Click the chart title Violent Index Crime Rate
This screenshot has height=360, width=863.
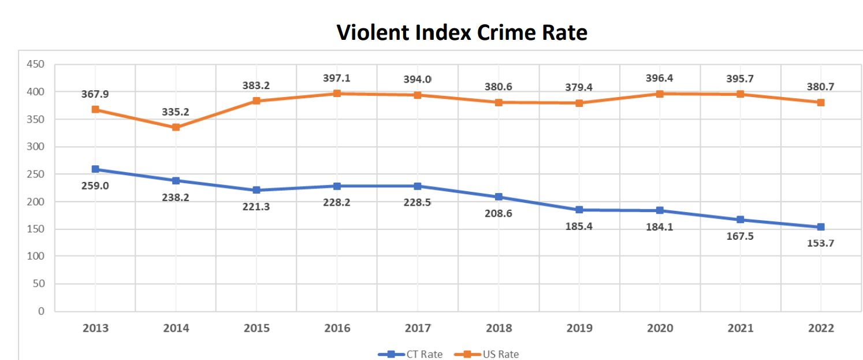462,32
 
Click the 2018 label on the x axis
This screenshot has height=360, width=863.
499,328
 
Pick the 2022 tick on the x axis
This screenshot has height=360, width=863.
821,328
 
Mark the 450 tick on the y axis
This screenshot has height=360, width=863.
35,64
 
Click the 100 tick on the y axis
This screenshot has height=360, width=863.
35,256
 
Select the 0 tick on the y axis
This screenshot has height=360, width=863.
41,311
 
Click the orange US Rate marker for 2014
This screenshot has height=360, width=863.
176,127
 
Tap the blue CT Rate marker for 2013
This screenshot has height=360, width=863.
95,169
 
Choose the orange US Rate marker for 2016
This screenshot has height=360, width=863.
337,93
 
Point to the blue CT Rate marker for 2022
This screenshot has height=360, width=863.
821,227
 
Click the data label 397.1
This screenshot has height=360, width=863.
337,77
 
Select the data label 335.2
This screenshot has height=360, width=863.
176,112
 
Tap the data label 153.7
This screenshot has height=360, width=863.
821,243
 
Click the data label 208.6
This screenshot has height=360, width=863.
499,213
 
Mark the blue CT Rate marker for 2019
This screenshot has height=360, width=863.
579,210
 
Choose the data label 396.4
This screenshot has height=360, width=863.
660,77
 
